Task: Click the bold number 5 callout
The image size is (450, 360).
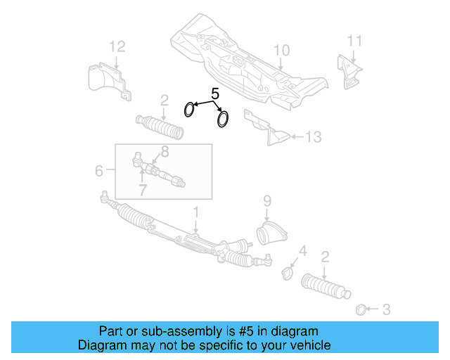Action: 215,92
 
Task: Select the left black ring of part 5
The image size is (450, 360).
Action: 190,110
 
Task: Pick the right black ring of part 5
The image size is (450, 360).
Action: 223,119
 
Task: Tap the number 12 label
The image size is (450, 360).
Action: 117,47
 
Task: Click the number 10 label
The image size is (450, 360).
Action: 281,50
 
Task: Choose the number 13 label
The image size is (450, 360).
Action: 313,136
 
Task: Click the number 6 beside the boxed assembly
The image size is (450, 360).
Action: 98,169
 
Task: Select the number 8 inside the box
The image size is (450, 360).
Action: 165,151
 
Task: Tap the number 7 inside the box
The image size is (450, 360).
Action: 142,190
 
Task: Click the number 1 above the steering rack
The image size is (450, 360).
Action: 196,212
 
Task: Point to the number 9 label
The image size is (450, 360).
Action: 267,201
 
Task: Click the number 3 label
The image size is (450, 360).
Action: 386,308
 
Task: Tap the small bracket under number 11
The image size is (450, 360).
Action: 350,72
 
